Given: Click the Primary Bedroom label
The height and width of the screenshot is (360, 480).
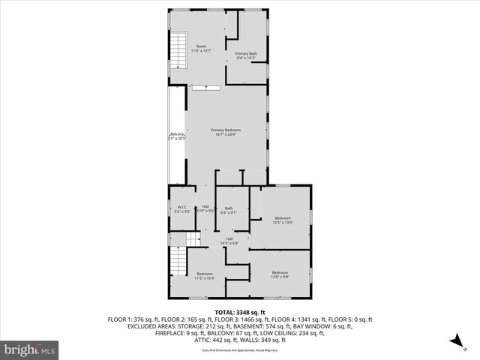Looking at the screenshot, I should (226, 132).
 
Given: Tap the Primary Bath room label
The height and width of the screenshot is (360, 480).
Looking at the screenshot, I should (246, 55).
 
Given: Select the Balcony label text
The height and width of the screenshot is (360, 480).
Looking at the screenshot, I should (177, 136).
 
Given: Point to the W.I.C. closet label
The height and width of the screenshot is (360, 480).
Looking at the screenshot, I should (181, 210).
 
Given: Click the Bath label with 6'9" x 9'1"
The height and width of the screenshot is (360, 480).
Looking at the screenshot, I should (228, 210).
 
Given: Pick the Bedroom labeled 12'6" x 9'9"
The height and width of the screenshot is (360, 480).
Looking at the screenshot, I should (280, 274).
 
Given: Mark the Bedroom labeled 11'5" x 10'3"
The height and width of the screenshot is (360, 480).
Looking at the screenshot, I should (205, 276).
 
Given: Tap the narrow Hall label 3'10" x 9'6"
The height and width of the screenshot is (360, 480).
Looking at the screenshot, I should (205, 208).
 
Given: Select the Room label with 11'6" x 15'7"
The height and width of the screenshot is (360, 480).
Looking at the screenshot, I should (202, 49).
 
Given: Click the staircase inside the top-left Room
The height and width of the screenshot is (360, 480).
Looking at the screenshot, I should (178, 51).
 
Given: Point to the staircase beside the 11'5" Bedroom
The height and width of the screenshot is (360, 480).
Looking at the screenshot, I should (178, 260).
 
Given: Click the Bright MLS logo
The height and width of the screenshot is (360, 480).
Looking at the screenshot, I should (30, 349).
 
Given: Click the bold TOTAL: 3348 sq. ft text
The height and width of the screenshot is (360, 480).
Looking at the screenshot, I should (240, 312).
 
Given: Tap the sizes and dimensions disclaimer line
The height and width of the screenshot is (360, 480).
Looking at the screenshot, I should (240, 350).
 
